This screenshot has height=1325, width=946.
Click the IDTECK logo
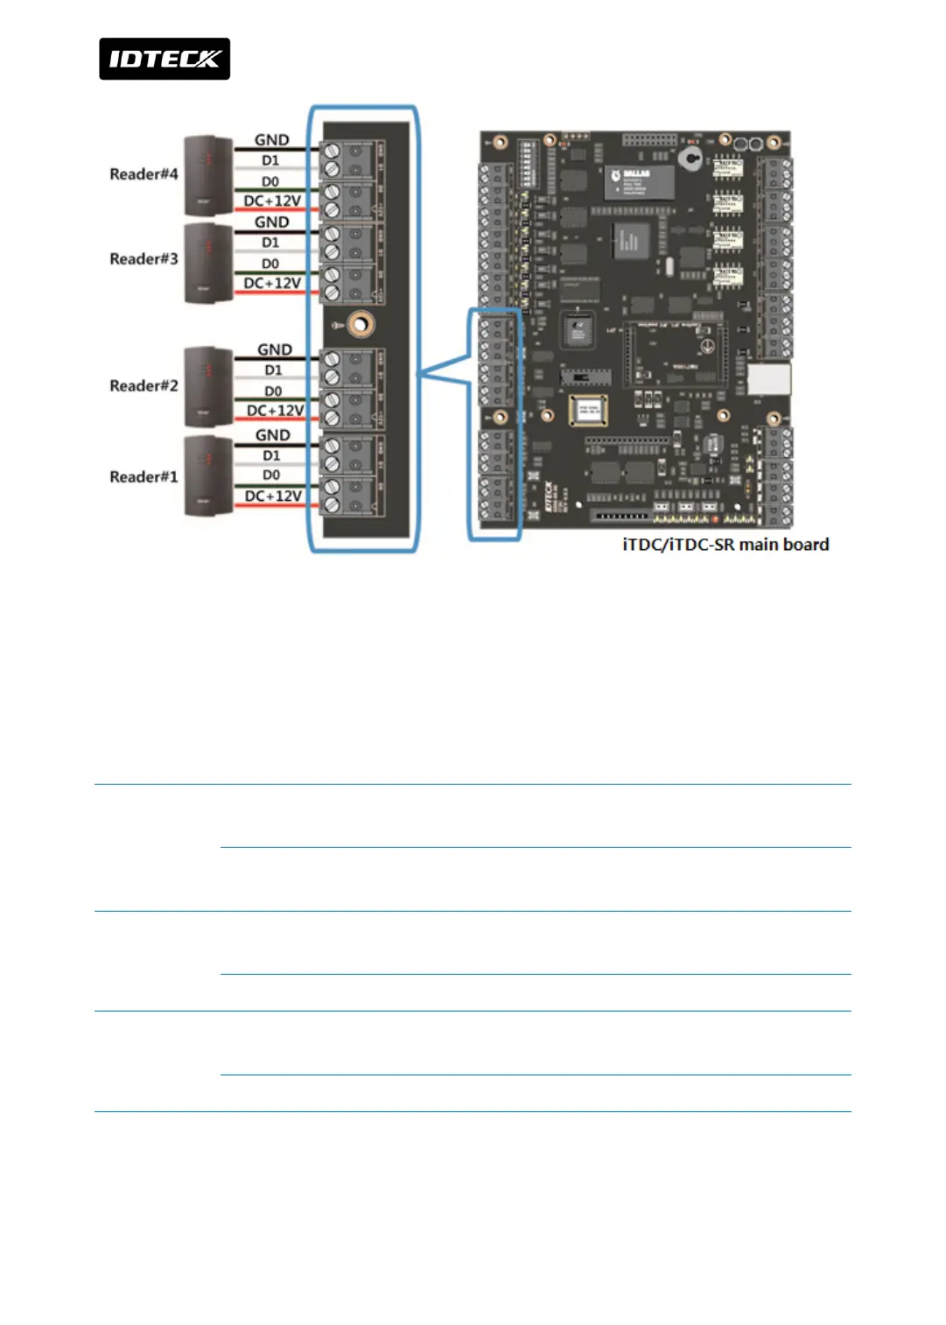165,59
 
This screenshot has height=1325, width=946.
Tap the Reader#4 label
144,174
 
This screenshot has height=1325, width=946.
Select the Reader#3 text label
144,259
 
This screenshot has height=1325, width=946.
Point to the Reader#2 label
144,386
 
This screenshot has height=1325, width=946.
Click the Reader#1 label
144,477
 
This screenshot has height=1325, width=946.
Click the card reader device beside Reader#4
208,175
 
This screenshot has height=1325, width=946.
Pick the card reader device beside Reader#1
208,476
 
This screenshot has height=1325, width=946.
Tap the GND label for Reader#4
271,140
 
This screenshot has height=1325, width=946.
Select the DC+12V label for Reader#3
272,283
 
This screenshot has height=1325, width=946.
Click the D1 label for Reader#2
273,370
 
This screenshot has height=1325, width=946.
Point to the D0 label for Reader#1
271,476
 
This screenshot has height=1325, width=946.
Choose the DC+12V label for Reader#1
273,497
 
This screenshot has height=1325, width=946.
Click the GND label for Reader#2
275,349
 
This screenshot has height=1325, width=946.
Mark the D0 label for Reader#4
270,181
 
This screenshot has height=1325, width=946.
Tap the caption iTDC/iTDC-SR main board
725,545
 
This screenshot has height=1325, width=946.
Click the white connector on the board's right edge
769,379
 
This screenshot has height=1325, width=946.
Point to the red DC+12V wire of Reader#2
276,419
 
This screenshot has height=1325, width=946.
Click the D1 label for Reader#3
270,243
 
